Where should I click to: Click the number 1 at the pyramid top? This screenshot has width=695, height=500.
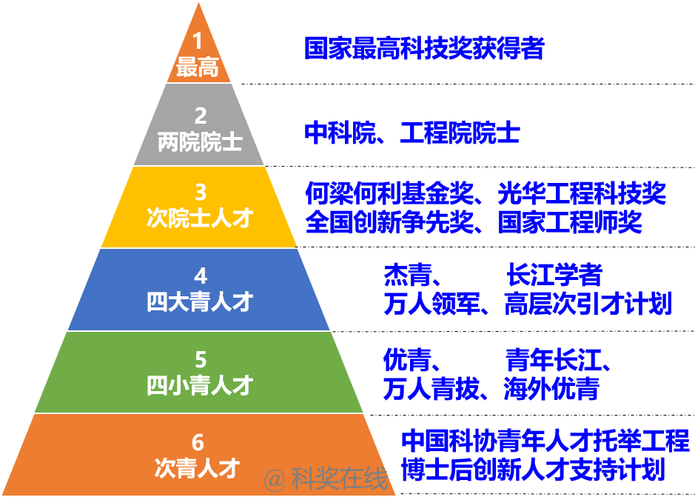[198, 41]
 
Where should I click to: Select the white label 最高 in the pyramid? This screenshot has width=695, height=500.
[198, 67]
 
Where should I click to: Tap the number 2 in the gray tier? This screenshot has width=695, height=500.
[201, 116]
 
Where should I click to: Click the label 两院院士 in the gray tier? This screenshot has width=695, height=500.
[200, 142]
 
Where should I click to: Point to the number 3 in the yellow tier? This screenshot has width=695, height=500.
[201, 192]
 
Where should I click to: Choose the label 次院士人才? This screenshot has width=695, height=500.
[200, 217]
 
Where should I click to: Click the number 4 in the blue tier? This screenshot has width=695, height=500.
[201, 276]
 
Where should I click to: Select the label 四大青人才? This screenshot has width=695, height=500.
[200, 301]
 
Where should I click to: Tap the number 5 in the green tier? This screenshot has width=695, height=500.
[201, 359]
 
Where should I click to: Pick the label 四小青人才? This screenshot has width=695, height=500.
[200, 385]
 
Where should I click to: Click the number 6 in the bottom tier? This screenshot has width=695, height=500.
[198, 442]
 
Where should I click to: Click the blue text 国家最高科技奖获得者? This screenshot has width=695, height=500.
[424, 48]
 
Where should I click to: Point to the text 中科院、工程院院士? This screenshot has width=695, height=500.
[412, 132]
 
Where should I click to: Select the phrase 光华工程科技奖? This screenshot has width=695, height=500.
[582, 193]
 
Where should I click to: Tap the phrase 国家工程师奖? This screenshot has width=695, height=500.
[570, 221]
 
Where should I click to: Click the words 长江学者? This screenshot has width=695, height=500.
[554, 275]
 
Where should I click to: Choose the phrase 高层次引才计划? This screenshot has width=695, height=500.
[588, 304]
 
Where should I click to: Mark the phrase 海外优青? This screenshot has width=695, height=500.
[552, 389]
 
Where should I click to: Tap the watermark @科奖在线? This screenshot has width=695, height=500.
[326, 479]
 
